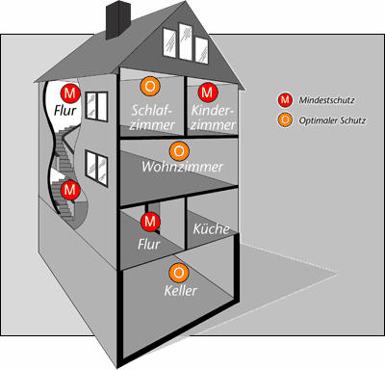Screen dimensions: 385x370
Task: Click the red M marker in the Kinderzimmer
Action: tap(208, 92)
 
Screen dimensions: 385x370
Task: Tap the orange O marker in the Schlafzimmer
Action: tap(150, 86)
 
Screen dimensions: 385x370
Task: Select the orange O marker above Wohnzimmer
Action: tap(179, 151)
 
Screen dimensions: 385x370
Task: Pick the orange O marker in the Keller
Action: tap(179, 273)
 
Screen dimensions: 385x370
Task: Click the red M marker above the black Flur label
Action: tap(70, 93)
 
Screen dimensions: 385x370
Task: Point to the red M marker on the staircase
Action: tap(70, 190)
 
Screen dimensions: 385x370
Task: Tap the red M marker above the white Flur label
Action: tap(150, 222)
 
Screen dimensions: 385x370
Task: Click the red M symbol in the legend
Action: tap(285, 100)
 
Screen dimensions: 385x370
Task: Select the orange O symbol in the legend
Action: tap(285, 120)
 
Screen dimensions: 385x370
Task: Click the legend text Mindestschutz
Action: tap(326, 100)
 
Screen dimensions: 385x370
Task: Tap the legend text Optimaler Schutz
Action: tap(332, 120)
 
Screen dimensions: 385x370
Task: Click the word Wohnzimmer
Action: tap(182, 167)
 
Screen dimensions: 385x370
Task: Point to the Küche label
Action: tap(211, 228)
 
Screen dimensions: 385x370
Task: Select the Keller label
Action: tap(180, 291)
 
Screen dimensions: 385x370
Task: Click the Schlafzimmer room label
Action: tap(152, 118)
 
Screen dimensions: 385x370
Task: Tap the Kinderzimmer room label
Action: tap(213, 118)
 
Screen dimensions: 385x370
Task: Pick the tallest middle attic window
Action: tap(186, 41)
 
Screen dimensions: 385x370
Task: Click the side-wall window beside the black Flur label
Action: tap(96, 107)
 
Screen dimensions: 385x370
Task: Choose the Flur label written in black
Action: tap(65, 111)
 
